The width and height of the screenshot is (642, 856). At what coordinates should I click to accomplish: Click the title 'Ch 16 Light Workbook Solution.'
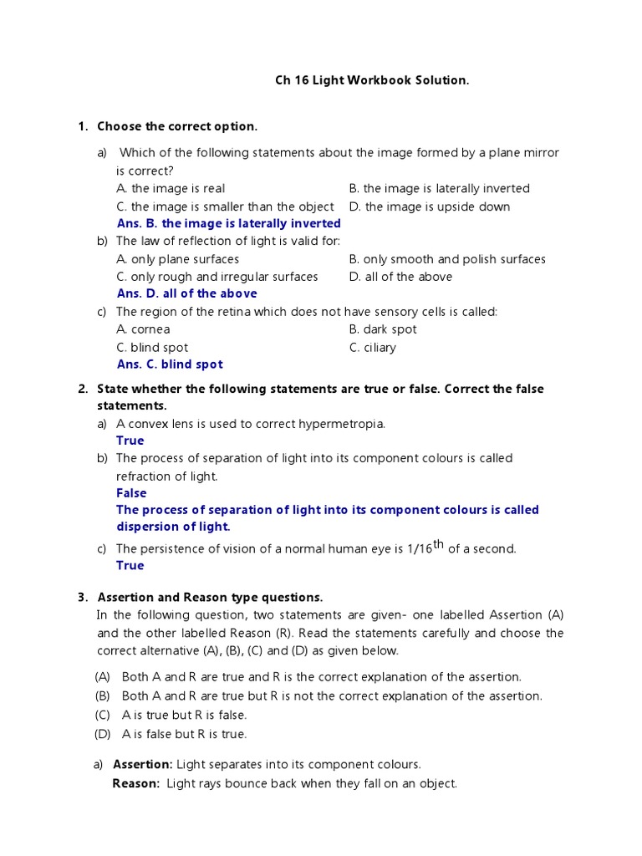[372, 81]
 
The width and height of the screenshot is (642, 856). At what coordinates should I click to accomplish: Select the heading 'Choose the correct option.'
[177, 126]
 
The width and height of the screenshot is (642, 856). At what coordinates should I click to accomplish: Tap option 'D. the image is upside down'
[429, 206]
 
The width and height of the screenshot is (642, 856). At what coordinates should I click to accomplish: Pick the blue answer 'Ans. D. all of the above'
[186, 293]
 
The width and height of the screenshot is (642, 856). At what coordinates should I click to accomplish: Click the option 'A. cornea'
[143, 329]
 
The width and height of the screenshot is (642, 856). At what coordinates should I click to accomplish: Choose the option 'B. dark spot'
[382, 329]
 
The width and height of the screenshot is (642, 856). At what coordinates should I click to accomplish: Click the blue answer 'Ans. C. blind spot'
[170, 364]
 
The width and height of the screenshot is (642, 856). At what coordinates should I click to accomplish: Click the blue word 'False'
[131, 493]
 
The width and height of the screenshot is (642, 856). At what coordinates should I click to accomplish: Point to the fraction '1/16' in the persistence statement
[417, 549]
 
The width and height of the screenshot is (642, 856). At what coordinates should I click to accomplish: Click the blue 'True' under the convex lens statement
[130, 441]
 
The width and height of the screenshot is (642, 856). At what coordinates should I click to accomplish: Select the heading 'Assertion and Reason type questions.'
[210, 597]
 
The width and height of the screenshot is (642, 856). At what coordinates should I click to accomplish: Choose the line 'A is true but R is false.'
[184, 716]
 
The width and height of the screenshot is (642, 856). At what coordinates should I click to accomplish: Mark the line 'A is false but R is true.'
[184, 734]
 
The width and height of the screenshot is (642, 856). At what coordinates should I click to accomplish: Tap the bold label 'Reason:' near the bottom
[135, 783]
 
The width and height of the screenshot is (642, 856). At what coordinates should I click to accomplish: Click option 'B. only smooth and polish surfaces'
[446, 259]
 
